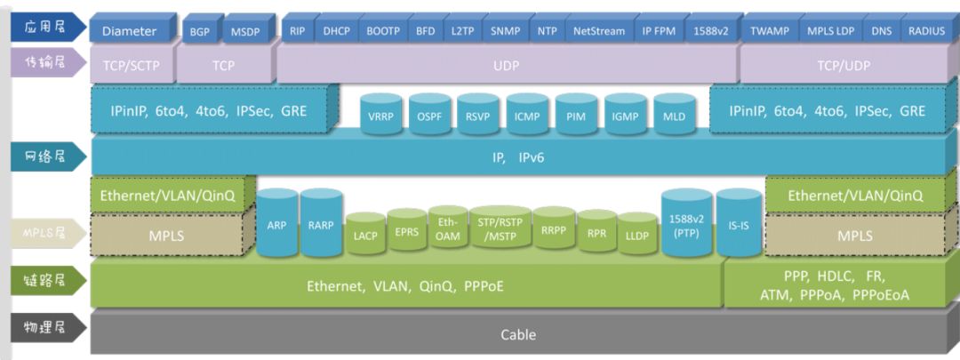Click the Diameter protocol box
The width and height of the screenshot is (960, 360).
129,31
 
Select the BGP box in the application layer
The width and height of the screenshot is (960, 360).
199,31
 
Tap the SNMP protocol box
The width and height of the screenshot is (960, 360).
506,31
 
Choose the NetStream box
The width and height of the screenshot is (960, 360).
598,31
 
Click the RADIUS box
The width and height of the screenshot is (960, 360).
926,31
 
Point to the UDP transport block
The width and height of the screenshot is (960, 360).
506,65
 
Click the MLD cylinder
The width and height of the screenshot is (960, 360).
675,116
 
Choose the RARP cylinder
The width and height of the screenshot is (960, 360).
321,225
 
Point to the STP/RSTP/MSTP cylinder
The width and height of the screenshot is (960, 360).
501,230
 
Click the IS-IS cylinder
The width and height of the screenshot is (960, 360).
739,225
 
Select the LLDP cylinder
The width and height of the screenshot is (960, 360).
636,235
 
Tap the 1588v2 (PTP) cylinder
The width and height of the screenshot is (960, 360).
686,224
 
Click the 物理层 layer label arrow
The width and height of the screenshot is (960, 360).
47,327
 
